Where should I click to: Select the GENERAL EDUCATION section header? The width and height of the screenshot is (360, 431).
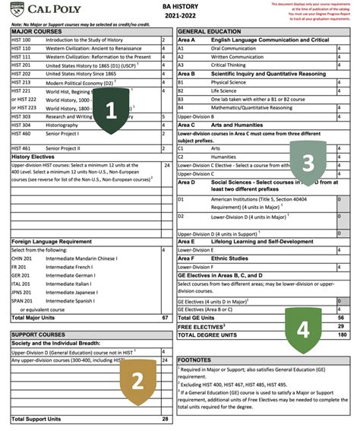coord(210,30)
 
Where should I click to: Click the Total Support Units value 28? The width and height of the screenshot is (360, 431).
coord(165,419)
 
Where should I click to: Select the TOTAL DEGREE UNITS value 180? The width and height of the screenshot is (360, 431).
coord(341,334)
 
